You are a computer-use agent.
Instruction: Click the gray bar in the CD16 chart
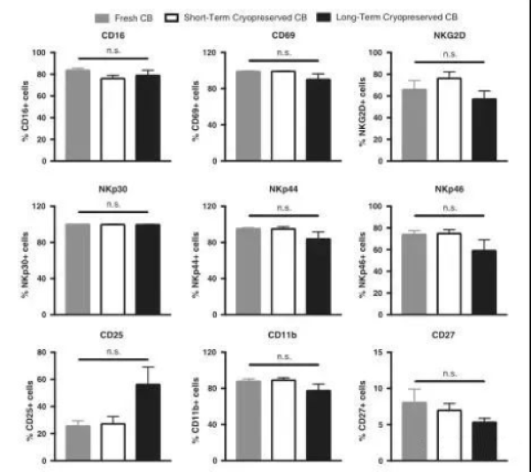pos(78,115)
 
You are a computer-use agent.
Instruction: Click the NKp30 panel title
pos(112,190)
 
